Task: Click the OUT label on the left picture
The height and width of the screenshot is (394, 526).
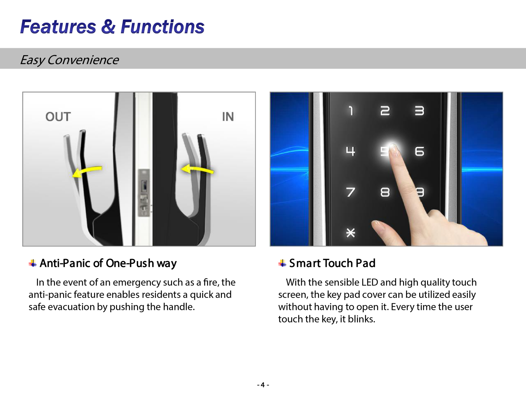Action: point(58,117)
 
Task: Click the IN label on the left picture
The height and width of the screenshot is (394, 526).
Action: point(227,117)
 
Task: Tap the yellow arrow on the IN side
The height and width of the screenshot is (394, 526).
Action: point(197,169)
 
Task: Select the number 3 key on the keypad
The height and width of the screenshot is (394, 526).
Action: point(419,111)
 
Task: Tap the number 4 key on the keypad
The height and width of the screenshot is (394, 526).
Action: point(350,151)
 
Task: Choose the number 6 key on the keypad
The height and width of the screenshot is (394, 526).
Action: point(419,151)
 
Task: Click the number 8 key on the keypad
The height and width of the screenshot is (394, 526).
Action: point(385,192)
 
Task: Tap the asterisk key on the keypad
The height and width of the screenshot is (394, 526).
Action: point(350,233)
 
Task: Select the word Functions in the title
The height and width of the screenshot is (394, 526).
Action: point(162,27)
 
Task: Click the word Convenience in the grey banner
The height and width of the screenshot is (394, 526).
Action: point(83,60)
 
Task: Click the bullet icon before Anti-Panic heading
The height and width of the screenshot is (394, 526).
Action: point(33,263)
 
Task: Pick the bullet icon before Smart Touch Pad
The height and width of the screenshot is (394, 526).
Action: point(282,263)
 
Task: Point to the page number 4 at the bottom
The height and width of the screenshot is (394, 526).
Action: point(263,385)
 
